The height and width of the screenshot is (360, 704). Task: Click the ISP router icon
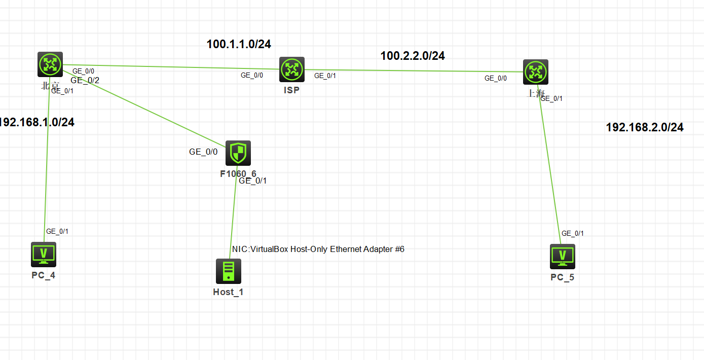292,69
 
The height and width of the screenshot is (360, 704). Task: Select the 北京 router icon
50,64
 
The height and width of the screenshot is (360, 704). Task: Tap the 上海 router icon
536,72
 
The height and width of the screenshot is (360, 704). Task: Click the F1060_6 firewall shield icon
238,153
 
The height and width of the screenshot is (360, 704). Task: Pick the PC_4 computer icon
44,254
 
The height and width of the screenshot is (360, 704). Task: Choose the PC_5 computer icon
563,257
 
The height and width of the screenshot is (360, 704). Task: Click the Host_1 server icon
229,271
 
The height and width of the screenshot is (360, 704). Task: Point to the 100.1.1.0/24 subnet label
239,44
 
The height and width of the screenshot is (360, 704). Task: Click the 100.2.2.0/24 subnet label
413,56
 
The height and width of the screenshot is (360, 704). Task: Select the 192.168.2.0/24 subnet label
645,127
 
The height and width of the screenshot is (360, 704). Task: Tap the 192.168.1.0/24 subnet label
36,122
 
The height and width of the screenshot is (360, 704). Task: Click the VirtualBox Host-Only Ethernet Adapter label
318,249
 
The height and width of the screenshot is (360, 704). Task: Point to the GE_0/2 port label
85,80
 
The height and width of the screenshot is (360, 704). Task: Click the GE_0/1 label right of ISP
325,76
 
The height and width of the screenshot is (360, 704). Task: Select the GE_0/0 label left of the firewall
203,152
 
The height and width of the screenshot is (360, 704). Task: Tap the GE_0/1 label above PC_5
573,233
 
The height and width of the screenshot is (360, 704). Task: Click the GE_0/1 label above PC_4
57,231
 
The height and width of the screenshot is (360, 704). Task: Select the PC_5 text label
563,277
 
